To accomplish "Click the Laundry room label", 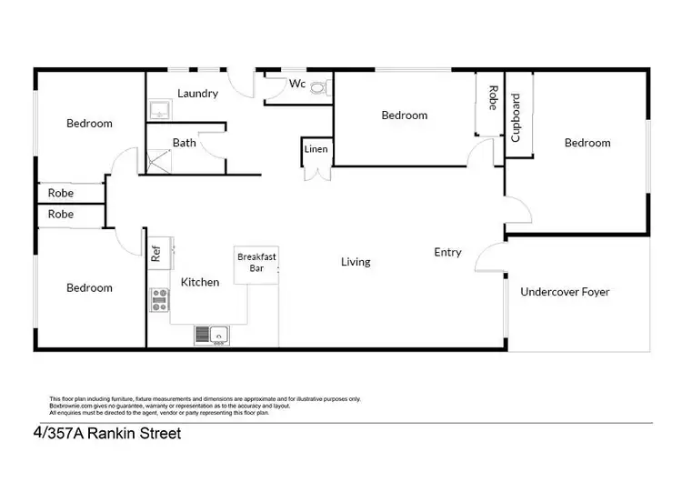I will click(x=197, y=93).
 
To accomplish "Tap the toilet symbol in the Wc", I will click(x=317, y=87).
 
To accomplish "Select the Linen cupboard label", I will click(x=316, y=148).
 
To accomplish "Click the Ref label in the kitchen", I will click(x=155, y=253).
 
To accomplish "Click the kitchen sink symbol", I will click(x=211, y=336).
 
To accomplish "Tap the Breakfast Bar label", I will click(x=256, y=263).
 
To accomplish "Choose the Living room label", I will click(x=356, y=262).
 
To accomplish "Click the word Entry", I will click(x=447, y=253).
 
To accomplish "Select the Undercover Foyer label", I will click(x=565, y=292).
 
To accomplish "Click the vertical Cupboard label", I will click(x=517, y=117).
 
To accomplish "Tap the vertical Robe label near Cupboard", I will click(x=492, y=98).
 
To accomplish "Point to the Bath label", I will click(x=185, y=143).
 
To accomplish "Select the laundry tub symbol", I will click(x=159, y=110).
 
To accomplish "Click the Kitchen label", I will click(x=199, y=282).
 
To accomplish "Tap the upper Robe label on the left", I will click(x=61, y=193).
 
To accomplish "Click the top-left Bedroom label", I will click(x=89, y=124).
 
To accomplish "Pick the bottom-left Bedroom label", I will click(x=89, y=287).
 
